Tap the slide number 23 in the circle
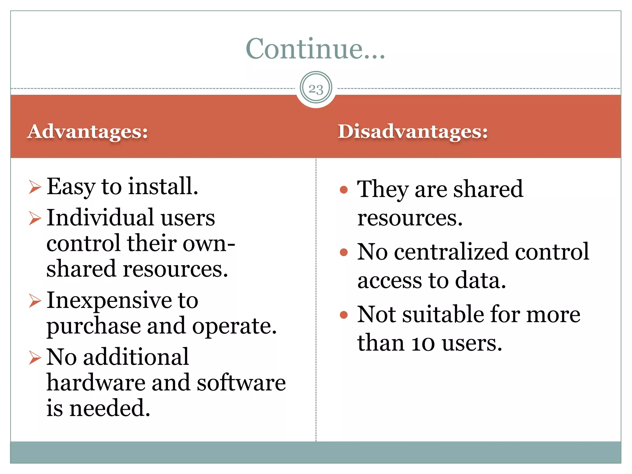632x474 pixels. tap(316, 89)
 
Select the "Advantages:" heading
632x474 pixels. tap(88, 131)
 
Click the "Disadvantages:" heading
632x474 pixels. tap(413, 131)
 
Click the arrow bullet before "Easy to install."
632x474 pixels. tap(35, 187)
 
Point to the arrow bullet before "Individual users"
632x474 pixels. tap(35, 218)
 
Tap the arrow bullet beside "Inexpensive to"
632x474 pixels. tap(35, 301)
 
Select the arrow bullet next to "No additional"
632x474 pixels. tap(35, 358)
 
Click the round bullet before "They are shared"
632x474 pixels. tap(344, 189)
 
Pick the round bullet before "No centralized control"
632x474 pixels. tap(344, 252)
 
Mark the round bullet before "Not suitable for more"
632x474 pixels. tap(344, 315)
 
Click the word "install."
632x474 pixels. tap(163, 186)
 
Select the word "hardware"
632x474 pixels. tap(96, 383)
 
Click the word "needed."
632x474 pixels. tap(110, 408)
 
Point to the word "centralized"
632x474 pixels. tap(451, 252)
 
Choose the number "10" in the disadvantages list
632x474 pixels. tap(423, 343)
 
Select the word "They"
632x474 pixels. tap(383, 189)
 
